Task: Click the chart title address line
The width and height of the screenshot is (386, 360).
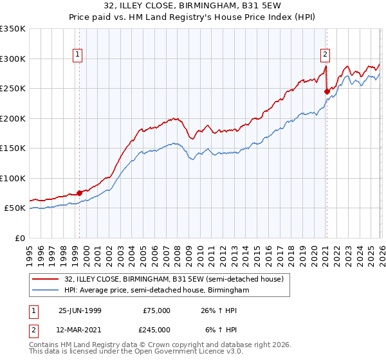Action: pyautogui.click(x=193, y=7)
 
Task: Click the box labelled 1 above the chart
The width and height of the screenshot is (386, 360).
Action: pyautogui.click(x=77, y=55)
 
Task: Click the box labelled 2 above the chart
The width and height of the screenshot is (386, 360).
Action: pyautogui.click(x=326, y=55)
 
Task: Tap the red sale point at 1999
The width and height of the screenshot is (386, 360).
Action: pyautogui.click(x=80, y=193)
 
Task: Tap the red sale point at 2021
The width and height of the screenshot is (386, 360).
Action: pyautogui.click(x=327, y=91)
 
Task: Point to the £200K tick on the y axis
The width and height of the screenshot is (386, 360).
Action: pyautogui.click(x=13, y=118)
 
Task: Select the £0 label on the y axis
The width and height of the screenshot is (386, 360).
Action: pyautogui.click(x=19, y=238)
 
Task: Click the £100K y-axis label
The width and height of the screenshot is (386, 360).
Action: pyautogui.click(x=13, y=178)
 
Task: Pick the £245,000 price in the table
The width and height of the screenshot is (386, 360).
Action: pyautogui.click(x=156, y=329)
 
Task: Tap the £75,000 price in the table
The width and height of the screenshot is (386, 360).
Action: pyautogui.click(x=156, y=310)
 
